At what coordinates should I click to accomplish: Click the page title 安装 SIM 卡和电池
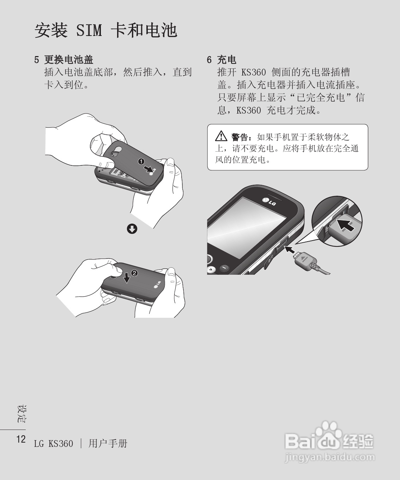point(105,31)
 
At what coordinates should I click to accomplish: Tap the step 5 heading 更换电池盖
point(68,60)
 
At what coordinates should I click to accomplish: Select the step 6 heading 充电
point(226,60)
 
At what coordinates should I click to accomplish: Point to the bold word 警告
point(240,136)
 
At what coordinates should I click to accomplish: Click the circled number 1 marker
point(141,161)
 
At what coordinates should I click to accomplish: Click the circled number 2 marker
point(134,273)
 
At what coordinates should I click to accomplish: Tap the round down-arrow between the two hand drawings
point(132,229)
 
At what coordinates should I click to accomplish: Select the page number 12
point(21,439)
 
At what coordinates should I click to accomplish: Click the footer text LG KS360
point(54,443)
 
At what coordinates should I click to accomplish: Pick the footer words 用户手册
point(108,443)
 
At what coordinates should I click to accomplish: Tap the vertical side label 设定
point(22,414)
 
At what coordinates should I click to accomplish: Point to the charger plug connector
point(304,259)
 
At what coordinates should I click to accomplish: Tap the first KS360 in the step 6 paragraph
point(253,72)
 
